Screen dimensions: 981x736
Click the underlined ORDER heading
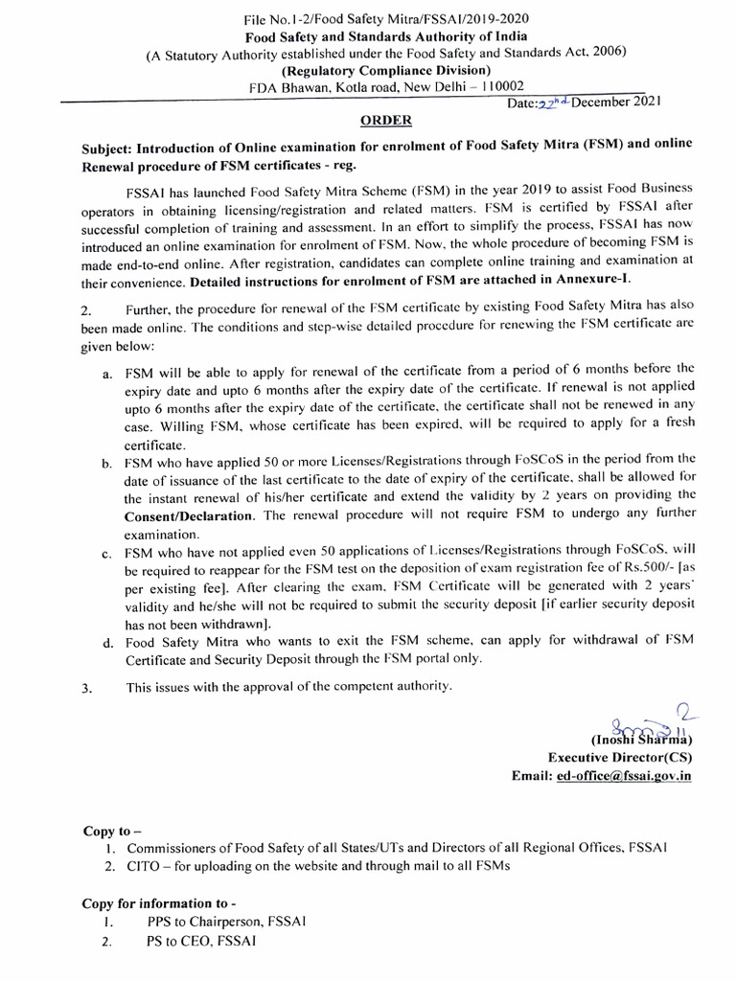(386, 120)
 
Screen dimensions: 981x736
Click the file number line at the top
(386, 18)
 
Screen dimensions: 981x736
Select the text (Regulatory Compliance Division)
(386, 69)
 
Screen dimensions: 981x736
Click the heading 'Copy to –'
(110, 831)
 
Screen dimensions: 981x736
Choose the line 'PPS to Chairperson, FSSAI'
(226, 922)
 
